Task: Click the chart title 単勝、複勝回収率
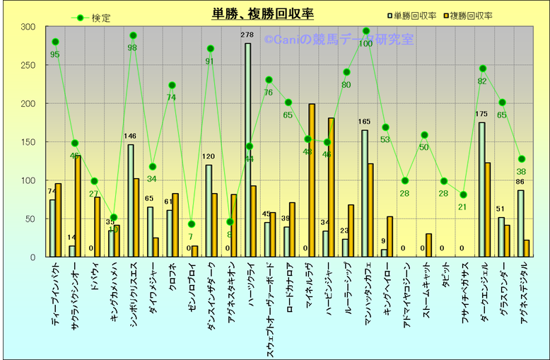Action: click(x=263, y=13)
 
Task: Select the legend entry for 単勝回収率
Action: click(x=414, y=16)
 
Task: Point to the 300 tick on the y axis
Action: click(x=28, y=27)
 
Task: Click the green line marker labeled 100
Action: click(x=365, y=31)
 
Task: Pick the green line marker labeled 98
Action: click(x=133, y=35)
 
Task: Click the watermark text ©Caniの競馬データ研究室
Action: click(x=339, y=40)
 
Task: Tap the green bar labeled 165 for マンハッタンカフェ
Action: click(x=365, y=193)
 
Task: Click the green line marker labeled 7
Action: click(x=191, y=224)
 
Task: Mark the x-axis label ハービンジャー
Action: click(x=329, y=291)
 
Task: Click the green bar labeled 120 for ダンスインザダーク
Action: click(x=209, y=211)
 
